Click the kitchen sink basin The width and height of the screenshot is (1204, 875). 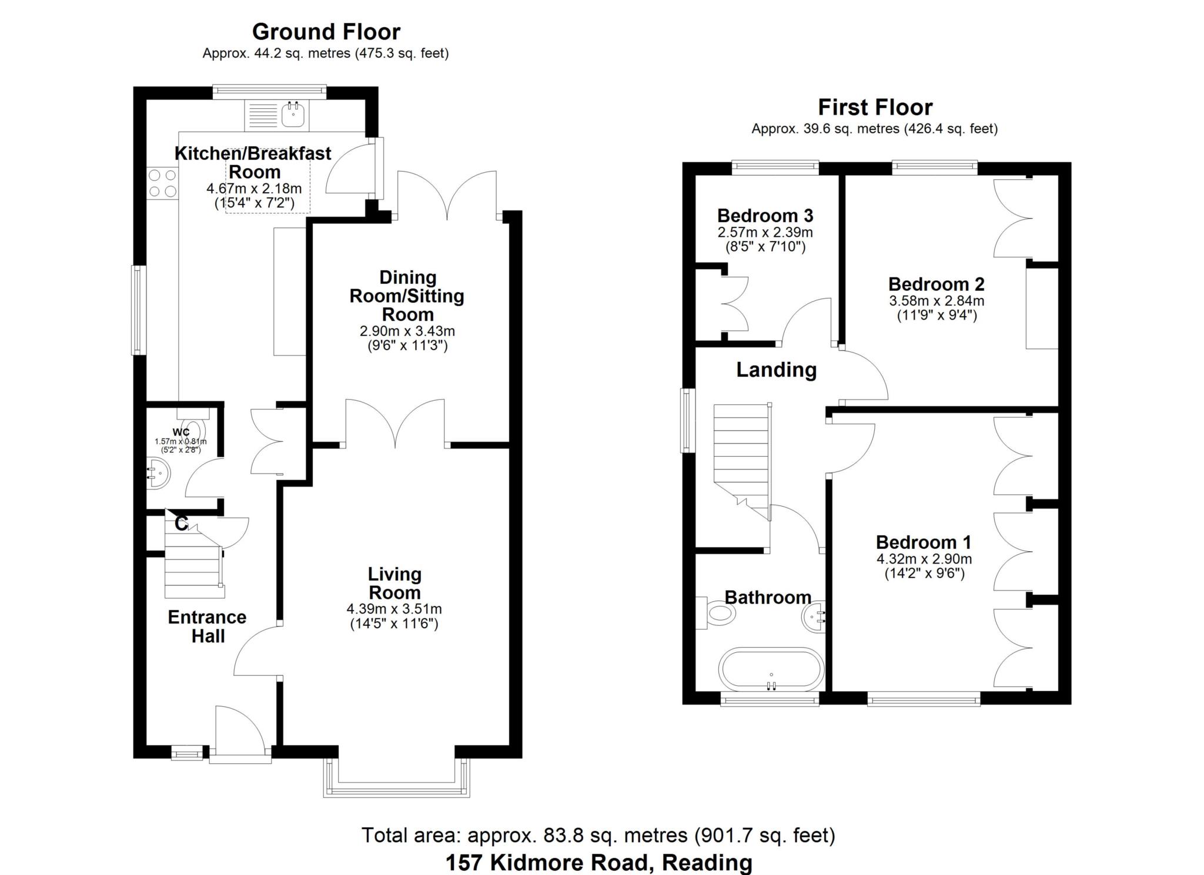pyautogui.click(x=292, y=115)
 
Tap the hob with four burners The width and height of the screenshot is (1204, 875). pyautogui.click(x=163, y=183)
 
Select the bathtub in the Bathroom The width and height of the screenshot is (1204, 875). pyautogui.click(x=771, y=669)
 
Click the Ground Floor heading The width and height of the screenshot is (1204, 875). pyautogui.click(x=326, y=31)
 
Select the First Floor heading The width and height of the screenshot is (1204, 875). pyautogui.click(x=875, y=108)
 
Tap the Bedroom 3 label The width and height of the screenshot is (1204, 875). pyautogui.click(x=765, y=215)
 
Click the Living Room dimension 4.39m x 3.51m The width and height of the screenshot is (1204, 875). pyautogui.click(x=394, y=609)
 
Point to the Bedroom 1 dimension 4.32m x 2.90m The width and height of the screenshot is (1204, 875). pyautogui.click(x=924, y=559)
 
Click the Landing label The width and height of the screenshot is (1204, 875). pyautogui.click(x=777, y=370)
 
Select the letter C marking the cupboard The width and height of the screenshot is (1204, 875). pyautogui.click(x=181, y=523)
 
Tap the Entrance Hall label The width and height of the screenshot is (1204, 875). pyautogui.click(x=208, y=626)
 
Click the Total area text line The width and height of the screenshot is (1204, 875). pyautogui.click(x=598, y=835)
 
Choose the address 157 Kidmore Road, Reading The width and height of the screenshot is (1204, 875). pyautogui.click(x=598, y=863)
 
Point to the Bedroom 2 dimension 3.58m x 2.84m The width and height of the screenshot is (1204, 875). pyautogui.click(x=937, y=301)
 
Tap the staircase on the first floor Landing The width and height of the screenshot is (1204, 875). pyautogui.click(x=742, y=462)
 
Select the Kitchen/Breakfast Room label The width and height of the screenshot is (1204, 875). pyautogui.click(x=253, y=163)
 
